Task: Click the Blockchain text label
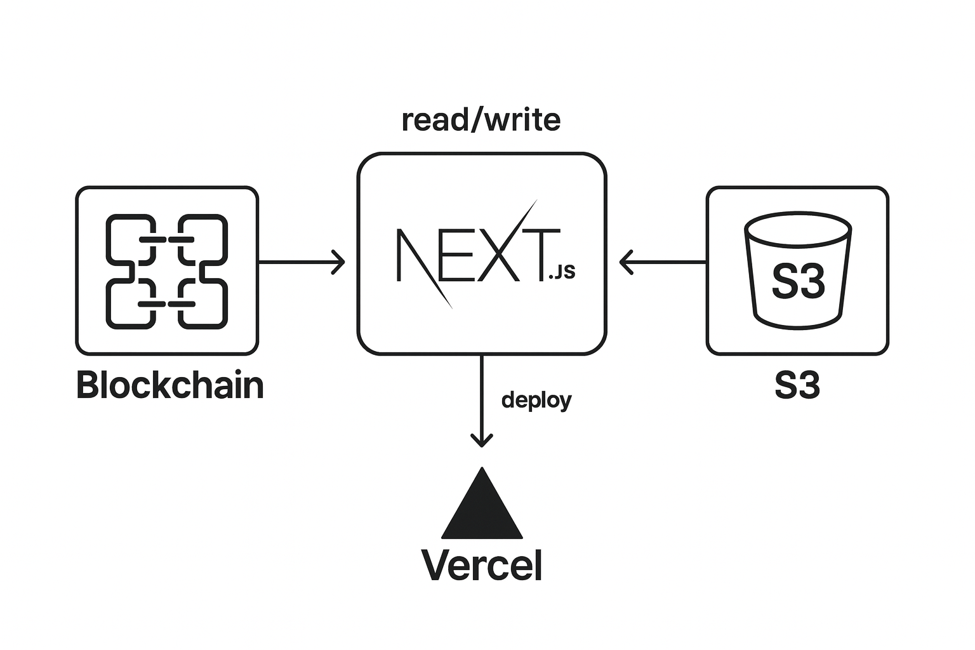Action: [169, 385]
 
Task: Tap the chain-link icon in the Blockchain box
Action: [167, 272]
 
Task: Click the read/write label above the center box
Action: [481, 120]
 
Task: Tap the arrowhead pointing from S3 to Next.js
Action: [625, 262]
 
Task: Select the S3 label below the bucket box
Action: [797, 385]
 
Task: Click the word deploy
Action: [536, 400]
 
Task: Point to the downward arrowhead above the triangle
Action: [482, 440]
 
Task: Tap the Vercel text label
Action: [482, 565]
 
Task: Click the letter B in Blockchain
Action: [87, 385]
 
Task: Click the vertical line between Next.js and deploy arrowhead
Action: [482, 394]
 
